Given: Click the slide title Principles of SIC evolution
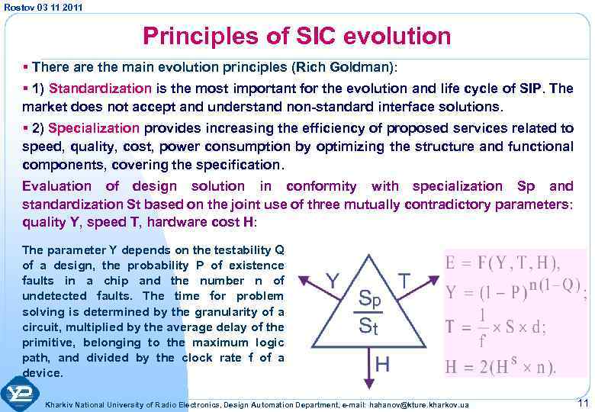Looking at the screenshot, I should pos(297,36).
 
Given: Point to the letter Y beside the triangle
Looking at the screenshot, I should pos(333,280).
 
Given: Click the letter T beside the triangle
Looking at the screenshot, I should pos(405,280).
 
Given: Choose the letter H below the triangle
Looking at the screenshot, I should pos(382,364).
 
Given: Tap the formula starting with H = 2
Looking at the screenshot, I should pos(500,365).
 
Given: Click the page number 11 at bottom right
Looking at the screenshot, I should pos(583,402).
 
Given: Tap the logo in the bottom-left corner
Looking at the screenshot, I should pos(20,393).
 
